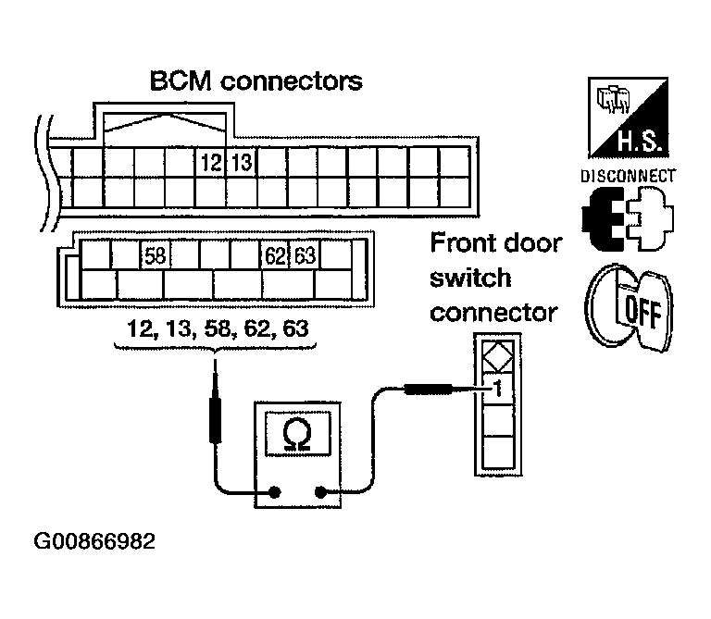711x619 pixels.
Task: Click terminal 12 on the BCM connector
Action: tap(211, 162)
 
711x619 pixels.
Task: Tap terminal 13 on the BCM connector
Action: tap(242, 162)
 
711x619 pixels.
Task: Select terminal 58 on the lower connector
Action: tap(156, 256)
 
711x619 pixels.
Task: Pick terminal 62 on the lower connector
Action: tap(275, 256)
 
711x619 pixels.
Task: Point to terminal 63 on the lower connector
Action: tap(305, 256)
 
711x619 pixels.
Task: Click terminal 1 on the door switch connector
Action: tap(498, 389)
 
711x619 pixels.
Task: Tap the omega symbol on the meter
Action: tap(297, 434)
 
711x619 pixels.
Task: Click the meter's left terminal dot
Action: tap(274, 492)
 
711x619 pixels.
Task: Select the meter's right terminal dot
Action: tap(320, 492)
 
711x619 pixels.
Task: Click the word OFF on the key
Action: tap(642, 312)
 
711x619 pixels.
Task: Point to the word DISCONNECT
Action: tap(628, 176)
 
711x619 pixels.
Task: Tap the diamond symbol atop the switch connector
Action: tap(497, 357)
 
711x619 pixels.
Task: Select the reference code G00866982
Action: tap(94, 541)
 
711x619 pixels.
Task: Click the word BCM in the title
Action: tap(181, 81)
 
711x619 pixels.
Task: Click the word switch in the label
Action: tap(470, 278)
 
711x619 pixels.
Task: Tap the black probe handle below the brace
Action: tap(215, 420)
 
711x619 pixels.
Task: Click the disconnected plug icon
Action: tap(628, 219)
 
